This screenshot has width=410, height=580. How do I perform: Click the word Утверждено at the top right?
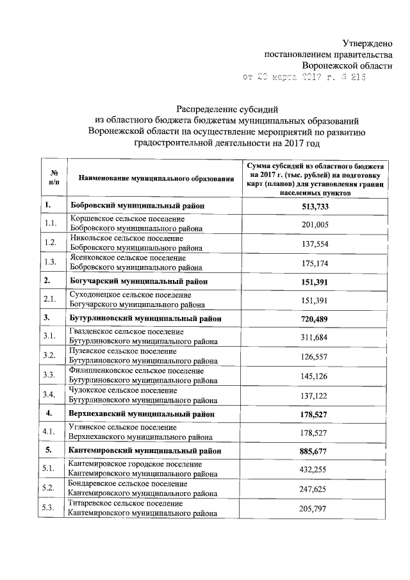tap(366, 43)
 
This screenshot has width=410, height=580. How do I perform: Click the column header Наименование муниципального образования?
tap(152, 178)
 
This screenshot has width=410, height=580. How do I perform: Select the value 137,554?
tap(315, 244)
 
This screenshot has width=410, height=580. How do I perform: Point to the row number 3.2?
tap(51, 356)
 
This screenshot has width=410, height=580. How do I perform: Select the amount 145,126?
tap(315, 375)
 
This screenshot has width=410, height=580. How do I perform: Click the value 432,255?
tap(315, 469)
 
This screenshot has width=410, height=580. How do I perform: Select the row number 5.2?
tap(51, 488)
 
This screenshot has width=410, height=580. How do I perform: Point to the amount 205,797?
tap(315, 508)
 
